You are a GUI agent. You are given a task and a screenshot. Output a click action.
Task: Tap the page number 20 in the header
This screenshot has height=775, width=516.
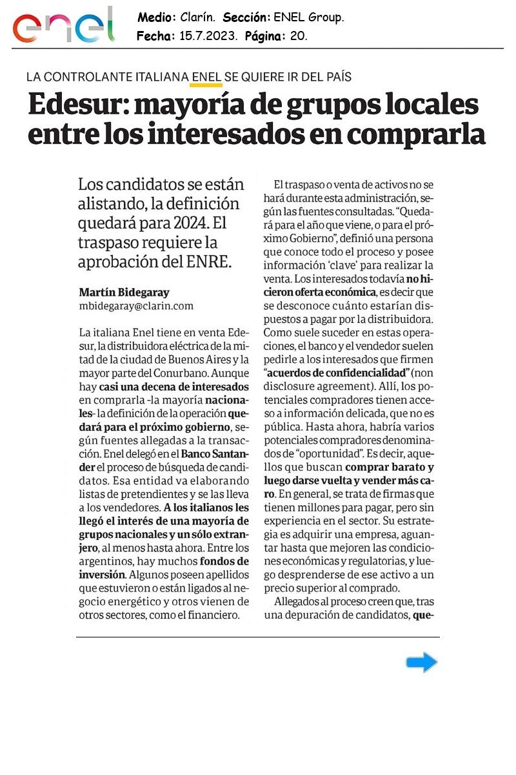[x=298, y=36]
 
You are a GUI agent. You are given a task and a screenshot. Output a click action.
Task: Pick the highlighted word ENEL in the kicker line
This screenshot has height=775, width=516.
[x=206, y=77]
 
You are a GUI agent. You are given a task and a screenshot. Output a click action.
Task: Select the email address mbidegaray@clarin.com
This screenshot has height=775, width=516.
[x=135, y=305]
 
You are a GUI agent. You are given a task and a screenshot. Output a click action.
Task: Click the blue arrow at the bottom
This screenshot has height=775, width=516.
[x=422, y=662]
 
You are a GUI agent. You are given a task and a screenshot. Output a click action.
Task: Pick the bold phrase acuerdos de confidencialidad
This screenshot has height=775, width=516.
[x=337, y=373]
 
